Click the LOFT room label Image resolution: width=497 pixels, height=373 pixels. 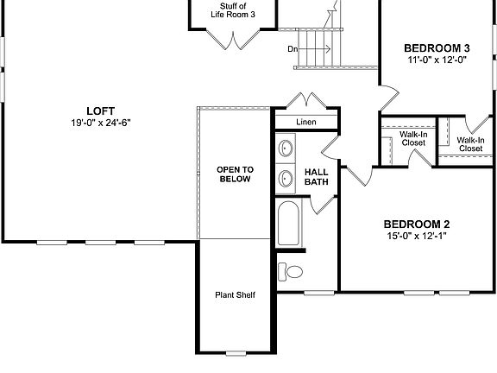tap(99, 110)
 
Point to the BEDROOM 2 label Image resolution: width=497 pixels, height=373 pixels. tap(417, 223)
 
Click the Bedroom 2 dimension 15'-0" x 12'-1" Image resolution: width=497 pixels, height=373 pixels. tap(417, 236)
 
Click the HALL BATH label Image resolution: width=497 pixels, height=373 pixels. tap(317, 178)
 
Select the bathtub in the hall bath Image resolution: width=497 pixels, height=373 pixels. tap(287, 224)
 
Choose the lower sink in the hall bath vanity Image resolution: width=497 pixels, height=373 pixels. tap(286, 179)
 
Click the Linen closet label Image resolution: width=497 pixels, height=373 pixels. tap(306, 123)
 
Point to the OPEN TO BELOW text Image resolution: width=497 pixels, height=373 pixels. tap(233, 174)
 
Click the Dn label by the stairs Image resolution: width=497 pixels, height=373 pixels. tap(293, 49)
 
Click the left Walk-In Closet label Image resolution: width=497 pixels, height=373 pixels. tap(413, 138)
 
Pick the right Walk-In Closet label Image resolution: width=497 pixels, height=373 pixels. tap(470, 143)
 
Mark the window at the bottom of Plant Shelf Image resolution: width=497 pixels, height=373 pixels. tap(235, 352)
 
